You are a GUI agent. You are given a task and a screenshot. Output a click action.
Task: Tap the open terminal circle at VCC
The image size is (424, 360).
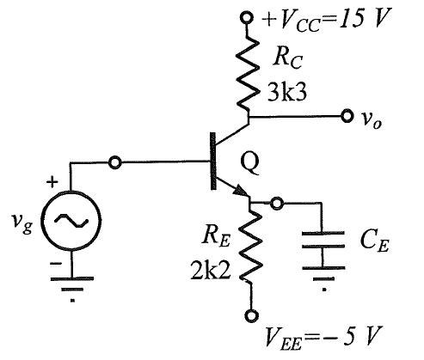246,18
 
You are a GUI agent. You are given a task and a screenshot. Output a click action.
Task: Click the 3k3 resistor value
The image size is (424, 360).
287,92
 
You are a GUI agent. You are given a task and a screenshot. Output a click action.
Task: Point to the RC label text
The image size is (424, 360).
287,59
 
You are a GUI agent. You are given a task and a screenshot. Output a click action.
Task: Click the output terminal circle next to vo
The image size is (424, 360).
347,116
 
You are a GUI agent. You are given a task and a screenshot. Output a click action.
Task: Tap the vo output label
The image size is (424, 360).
371,119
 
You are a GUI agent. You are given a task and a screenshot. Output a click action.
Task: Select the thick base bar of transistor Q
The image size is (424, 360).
213,161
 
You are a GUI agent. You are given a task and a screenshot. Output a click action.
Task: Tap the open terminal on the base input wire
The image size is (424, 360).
115,162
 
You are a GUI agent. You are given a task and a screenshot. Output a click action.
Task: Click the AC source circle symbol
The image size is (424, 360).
71,221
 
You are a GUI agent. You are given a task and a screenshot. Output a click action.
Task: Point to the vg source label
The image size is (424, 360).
22,224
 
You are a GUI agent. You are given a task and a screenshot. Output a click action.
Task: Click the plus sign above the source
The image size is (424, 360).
52,182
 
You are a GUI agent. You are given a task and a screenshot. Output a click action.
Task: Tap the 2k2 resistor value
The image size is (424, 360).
211,271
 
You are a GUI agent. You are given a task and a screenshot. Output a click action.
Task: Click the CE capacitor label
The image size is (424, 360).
374,241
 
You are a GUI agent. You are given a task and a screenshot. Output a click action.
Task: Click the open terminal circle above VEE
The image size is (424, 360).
252,316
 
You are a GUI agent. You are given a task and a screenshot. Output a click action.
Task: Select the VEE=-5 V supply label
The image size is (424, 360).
323,338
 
